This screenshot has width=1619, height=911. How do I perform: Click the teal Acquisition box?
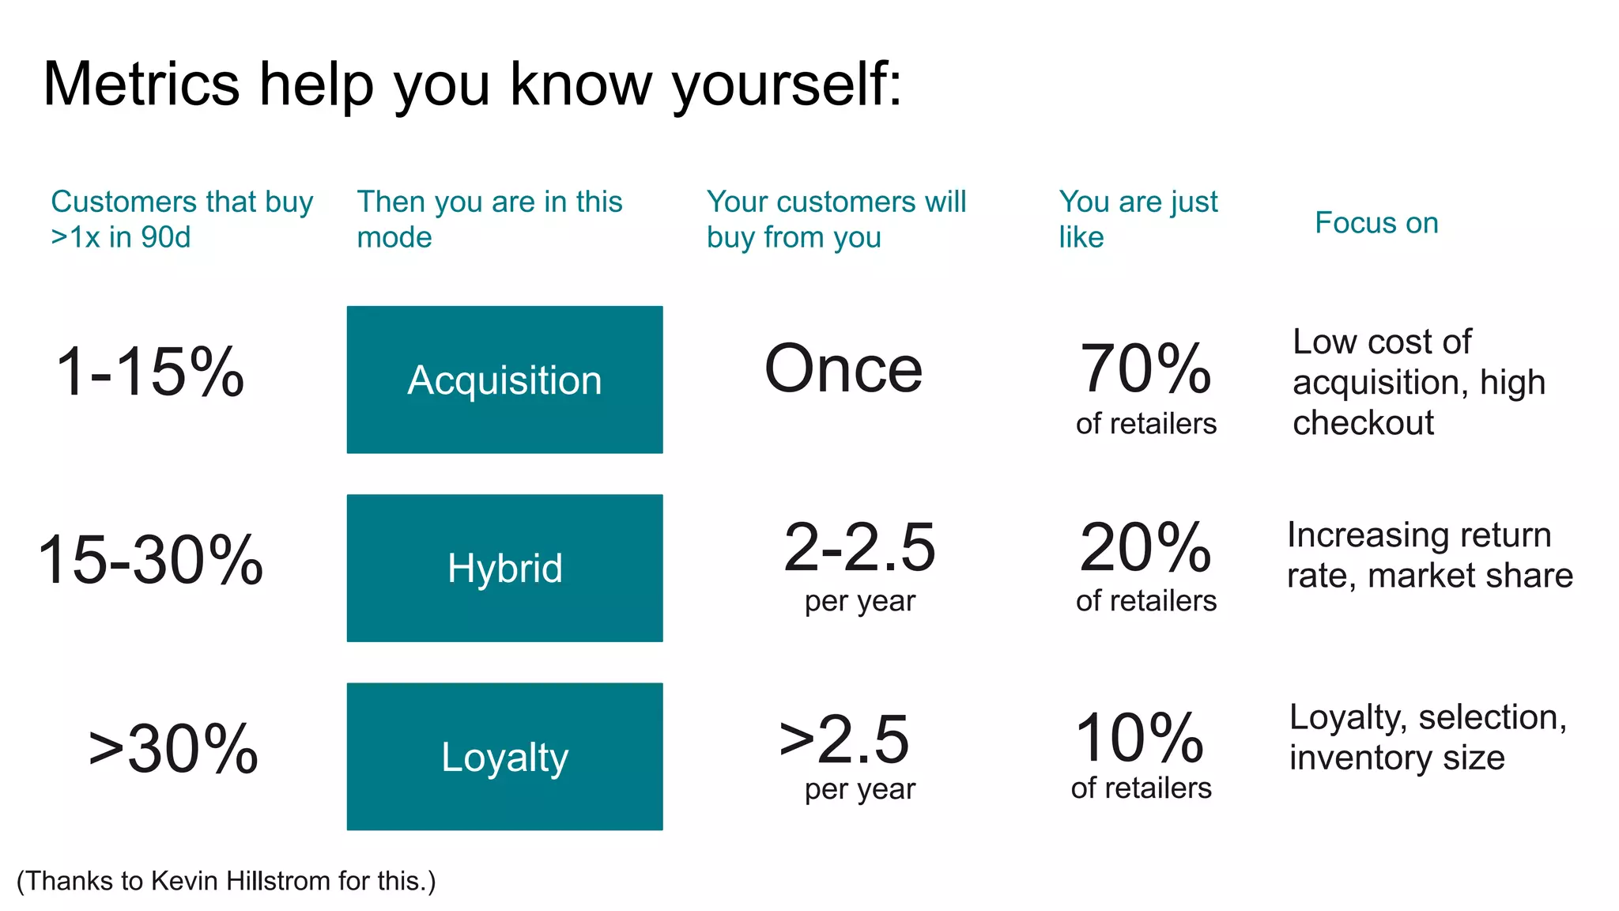click(504, 380)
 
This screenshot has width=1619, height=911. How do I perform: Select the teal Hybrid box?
click(504, 568)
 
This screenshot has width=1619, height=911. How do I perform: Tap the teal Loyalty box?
click(504, 757)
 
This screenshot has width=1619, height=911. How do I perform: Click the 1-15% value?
click(150, 372)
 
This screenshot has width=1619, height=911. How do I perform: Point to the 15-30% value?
click(150, 560)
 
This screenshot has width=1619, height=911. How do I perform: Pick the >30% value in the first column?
click(173, 748)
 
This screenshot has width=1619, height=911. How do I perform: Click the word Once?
click(843, 369)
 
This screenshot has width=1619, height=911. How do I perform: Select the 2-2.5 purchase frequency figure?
click(859, 547)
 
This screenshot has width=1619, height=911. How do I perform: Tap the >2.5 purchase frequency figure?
click(844, 739)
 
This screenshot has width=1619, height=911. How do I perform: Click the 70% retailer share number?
click(1145, 369)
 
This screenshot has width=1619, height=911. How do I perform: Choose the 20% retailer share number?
click(1145, 547)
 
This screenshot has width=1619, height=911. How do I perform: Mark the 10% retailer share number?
click(1140, 738)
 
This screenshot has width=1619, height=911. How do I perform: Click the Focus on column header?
click(1376, 223)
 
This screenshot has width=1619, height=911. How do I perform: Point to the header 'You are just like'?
click(1138, 219)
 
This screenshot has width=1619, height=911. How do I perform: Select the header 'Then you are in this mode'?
click(489, 219)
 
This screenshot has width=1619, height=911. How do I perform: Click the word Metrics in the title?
click(141, 84)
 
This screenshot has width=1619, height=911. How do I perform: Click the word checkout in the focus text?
click(1363, 423)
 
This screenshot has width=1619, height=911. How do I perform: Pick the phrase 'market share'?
click(1470, 576)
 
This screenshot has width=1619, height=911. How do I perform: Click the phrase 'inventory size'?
click(1397, 758)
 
